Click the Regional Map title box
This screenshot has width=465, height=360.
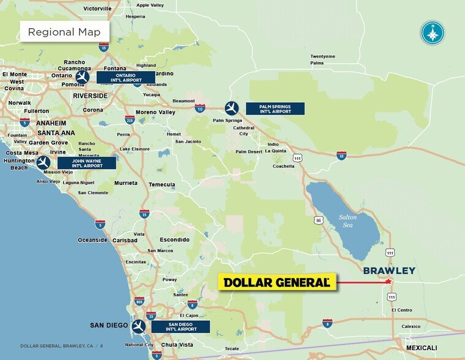tap(64, 32)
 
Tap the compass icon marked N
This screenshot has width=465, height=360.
tap(433, 32)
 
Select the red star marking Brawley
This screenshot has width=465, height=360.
tap(388, 282)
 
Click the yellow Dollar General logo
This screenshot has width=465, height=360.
tap(278, 282)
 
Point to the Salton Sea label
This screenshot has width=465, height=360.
tap(347, 220)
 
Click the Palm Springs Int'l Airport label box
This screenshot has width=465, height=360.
tap(275, 109)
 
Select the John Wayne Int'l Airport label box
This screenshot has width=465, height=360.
tap(86, 163)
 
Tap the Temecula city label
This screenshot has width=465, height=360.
tap(162, 184)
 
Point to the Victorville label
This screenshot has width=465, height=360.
tap(97, 9)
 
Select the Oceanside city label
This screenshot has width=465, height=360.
tap(93, 240)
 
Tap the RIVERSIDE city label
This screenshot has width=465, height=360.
tap(89, 96)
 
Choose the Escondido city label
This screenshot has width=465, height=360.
tap(175, 239)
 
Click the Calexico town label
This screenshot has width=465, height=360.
tap(410, 326)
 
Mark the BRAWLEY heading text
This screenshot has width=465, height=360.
tap(389, 271)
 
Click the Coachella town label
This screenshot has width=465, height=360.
tap(284, 166)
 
